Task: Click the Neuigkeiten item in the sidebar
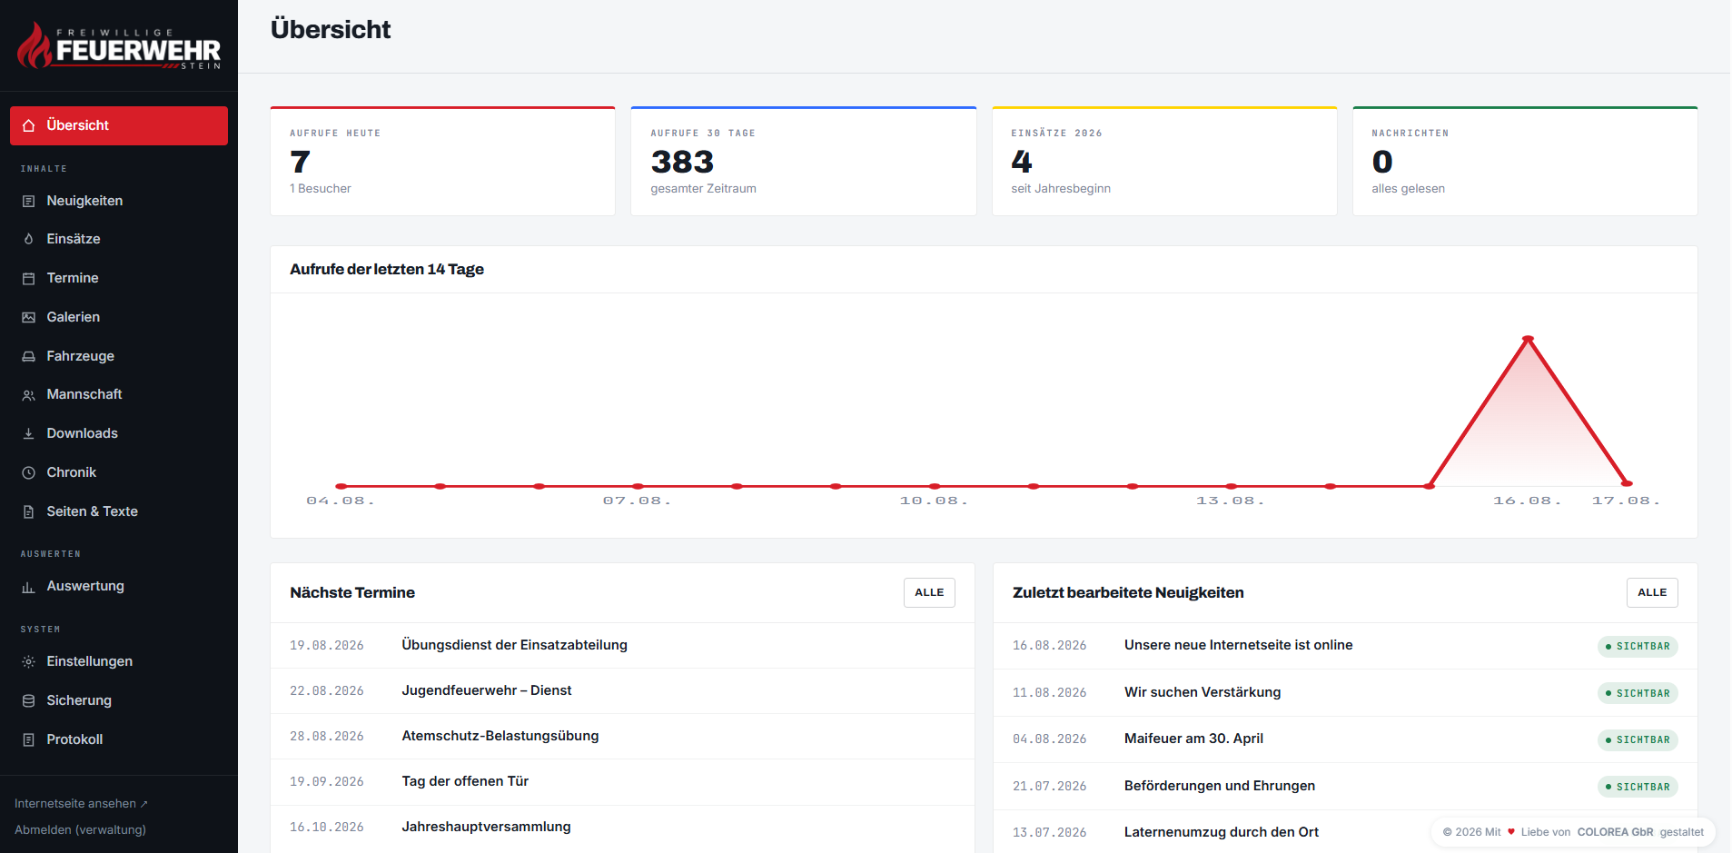84,201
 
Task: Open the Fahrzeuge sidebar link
80,356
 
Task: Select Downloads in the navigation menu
82,433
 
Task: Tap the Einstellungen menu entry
89,661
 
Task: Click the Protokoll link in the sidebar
74,739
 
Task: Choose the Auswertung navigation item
85,586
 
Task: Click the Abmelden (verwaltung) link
80,829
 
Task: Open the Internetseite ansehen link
81,803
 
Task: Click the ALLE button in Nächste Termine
929,592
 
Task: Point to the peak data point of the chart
1528,339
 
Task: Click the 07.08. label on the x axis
637,501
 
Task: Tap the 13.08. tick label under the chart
1230,501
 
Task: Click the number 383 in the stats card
682,162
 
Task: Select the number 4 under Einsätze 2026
1022,162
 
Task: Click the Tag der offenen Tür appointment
465,781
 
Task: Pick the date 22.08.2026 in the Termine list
327,690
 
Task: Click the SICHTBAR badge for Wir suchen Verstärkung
1638,693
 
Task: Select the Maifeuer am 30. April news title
1193,739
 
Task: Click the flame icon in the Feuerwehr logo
35,45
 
